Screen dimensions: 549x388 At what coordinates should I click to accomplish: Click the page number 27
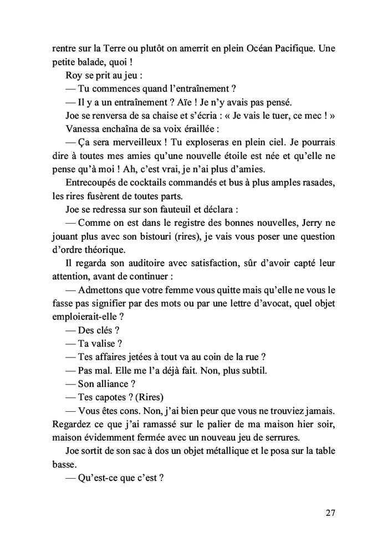click(x=331, y=512)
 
